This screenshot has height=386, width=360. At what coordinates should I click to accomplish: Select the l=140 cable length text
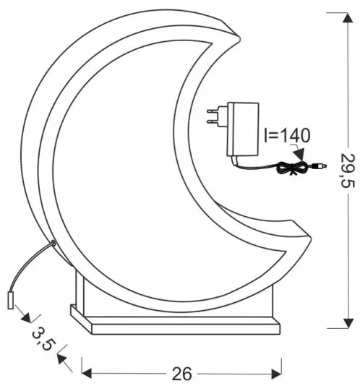click(x=286, y=135)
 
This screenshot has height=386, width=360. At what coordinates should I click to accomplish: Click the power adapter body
click(x=241, y=129)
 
